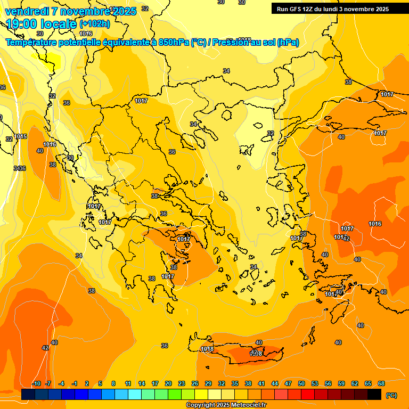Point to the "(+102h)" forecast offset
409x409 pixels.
(94, 23)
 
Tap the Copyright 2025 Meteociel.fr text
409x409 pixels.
(226, 405)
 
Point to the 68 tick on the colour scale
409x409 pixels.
(381, 383)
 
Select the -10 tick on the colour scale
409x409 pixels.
(36, 383)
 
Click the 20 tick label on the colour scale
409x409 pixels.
(168, 383)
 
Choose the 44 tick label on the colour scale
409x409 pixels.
(275, 383)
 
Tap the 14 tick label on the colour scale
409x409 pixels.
(142, 383)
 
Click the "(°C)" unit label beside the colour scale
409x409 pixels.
(391, 395)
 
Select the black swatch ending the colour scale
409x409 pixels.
(375, 395)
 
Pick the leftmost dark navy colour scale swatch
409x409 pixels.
(29, 395)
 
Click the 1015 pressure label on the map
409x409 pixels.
(21, 137)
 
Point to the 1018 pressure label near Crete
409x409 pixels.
(207, 349)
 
